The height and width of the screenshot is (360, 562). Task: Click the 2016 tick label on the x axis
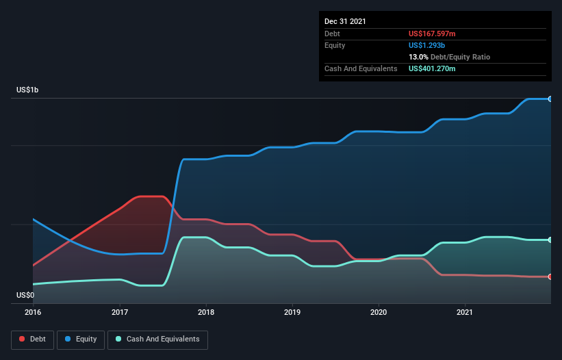[x=33, y=312]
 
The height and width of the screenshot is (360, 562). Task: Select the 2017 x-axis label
[x=120, y=312]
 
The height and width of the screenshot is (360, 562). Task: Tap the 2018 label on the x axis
[x=206, y=312]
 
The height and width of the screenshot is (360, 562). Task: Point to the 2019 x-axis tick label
[x=292, y=312]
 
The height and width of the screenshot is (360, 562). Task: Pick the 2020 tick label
[x=379, y=312]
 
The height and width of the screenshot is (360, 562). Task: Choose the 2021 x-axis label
[x=465, y=312]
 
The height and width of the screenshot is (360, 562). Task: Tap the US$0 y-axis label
[x=25, y=295]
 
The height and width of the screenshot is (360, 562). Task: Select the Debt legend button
[x=32, y=339]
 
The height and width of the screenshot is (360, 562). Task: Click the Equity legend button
[x=81, y=339]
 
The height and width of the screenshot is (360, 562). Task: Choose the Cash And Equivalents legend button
[x=157, y=339]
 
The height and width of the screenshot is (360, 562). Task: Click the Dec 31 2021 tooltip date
[x=345, y=21]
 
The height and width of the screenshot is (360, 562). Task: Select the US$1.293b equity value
[x=427, y=45]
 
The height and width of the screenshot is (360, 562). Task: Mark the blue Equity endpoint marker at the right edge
[x=550, y=99]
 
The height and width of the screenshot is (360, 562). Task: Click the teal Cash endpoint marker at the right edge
[x=550, y=240]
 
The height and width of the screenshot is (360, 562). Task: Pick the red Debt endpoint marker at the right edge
[x=550, y=277]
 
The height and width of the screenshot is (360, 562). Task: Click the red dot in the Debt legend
[x=23, y=339]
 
